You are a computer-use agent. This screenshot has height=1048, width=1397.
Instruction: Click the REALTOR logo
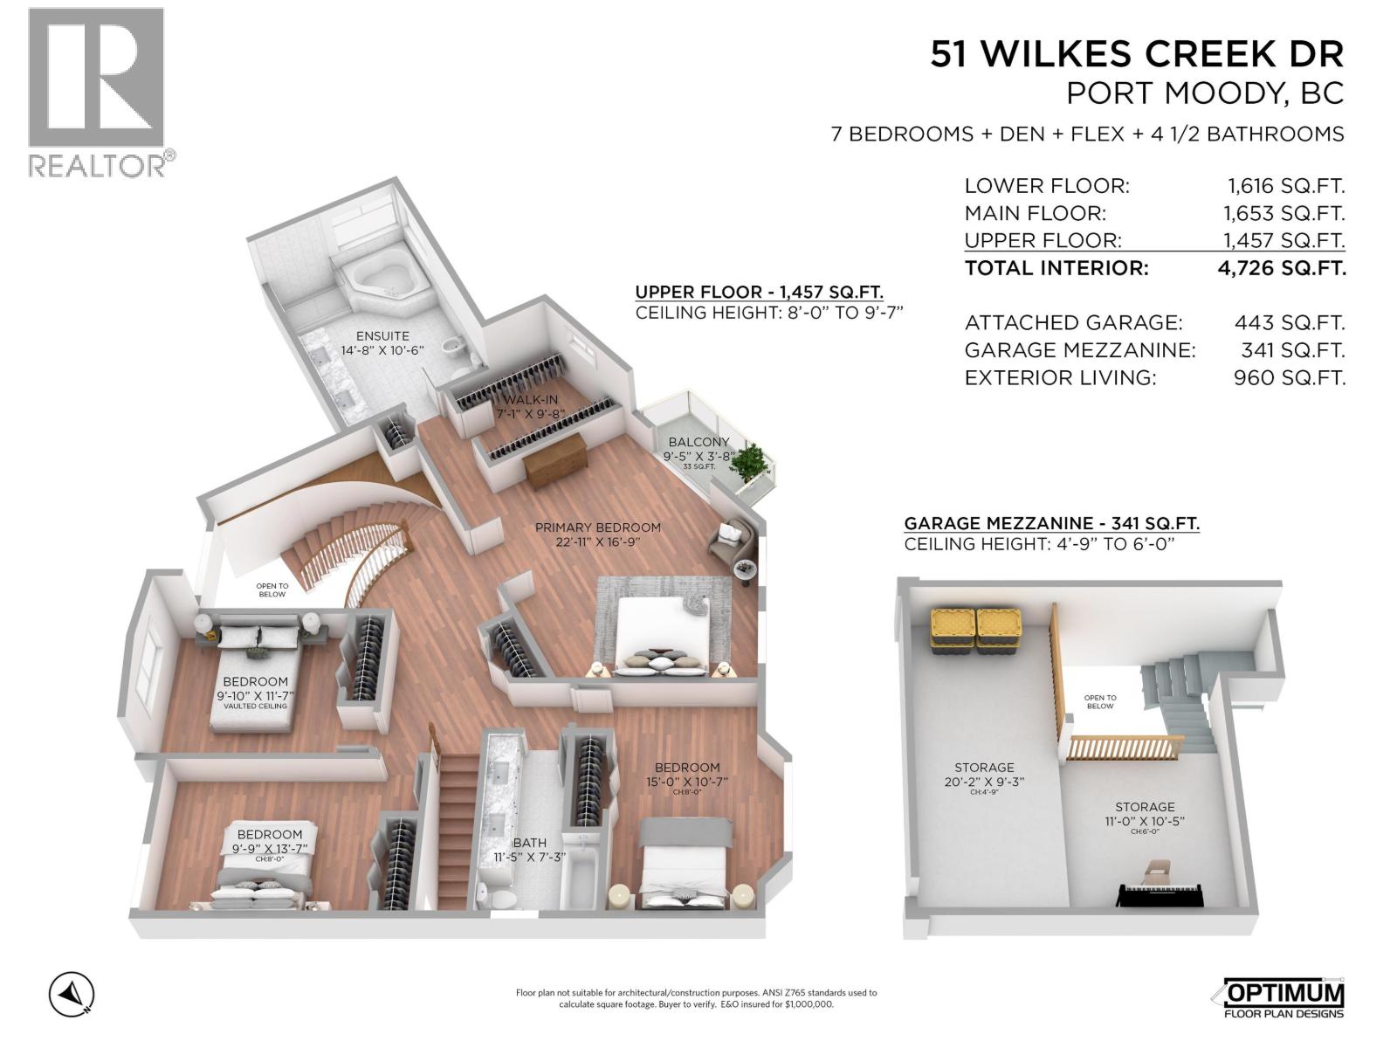pyautogui.click(x=96, y=92)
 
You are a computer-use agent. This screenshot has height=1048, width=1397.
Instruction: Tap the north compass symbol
pyautogui.click(x=72, y=994)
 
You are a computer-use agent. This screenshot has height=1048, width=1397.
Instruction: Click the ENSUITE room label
pyautogui.click(x=382, y=336)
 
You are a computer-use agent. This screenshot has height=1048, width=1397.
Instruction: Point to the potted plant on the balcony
pyautogui.click(x=751, y=463)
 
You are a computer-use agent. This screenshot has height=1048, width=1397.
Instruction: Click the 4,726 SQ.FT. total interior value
pyautogui.click(x=1282, y=268)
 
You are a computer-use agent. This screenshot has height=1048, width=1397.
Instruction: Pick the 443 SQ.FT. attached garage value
pyautogui.click(x=1289, y=323)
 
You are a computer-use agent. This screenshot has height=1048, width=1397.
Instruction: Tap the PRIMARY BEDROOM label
pyautogui.click(x=597, y=527)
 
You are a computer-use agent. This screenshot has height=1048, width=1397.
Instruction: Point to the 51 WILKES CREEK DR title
pyautogui.click(x=1136, y=54)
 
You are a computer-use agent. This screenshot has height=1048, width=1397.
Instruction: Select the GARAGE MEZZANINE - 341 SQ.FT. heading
pyautogui.click(x=1051, y=524)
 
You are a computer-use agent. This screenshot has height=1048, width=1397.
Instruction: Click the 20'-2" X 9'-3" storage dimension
pyautogui.click(x=984, y=783)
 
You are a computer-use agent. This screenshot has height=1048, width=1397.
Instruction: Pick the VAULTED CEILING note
pyautogui.click(x=255, y=706)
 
